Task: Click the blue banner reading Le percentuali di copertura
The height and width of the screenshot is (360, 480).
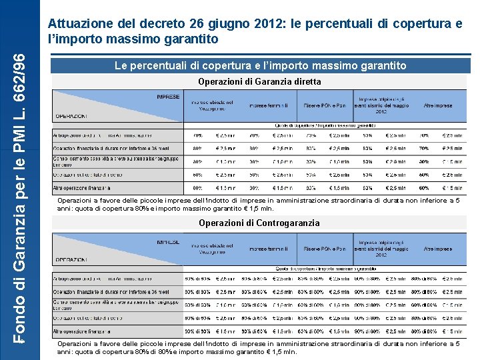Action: [x=259, y=66]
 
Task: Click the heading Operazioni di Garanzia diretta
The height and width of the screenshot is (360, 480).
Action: [x=259, y=81]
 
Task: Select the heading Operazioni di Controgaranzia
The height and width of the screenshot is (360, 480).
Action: [x=259, y=223]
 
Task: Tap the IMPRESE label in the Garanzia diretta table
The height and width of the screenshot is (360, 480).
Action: [x=168, y=97]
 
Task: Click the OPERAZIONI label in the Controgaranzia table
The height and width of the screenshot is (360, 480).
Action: [x=71, y=259]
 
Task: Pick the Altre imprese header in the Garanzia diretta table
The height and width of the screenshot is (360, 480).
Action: [x=437, y=105]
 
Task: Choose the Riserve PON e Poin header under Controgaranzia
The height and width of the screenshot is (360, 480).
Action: [x=325, y=248]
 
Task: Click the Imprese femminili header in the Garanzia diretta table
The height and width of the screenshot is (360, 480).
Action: [x=269, y=105]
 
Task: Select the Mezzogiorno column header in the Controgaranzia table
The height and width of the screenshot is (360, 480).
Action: [x=212, y=248]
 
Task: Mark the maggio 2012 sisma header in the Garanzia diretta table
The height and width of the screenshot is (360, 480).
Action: [x=380, y=105]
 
